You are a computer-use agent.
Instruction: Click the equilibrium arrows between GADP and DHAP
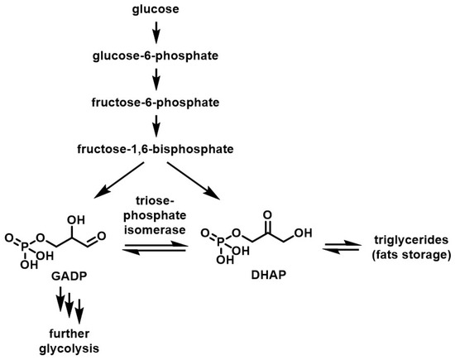[x=154, y=252]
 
